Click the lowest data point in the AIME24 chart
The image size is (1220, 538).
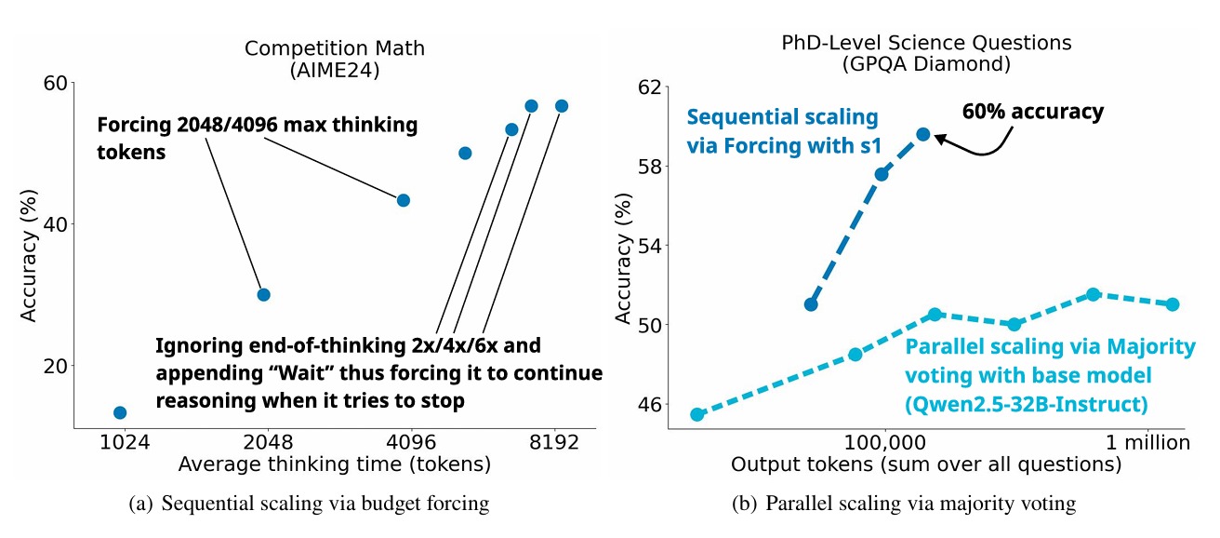(x=119, y=412)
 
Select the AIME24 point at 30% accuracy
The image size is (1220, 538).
(x=263, y=294)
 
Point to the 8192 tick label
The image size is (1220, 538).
(x=554, y=442)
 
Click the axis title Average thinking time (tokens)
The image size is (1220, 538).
(x=334, y=464)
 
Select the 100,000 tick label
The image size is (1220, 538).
(x=882, y=442)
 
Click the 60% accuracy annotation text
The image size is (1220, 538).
(x=1032, y=113)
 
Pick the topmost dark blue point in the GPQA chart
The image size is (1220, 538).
(x=923, y=134)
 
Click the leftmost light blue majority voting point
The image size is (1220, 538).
(x=696, y=414)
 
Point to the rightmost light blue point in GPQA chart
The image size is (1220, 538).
(x=1173, y=304)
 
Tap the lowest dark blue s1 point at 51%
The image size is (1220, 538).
(x=811, y=304)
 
